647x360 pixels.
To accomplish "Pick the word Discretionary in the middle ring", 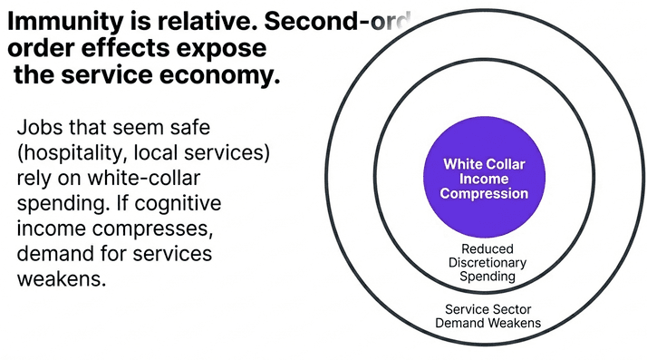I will tap(487, 262).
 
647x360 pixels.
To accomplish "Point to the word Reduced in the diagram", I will tap(487, 248).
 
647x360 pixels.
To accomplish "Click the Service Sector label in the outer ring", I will tap(488, 308).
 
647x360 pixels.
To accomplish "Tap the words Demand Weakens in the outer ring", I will tap(488, 323).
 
